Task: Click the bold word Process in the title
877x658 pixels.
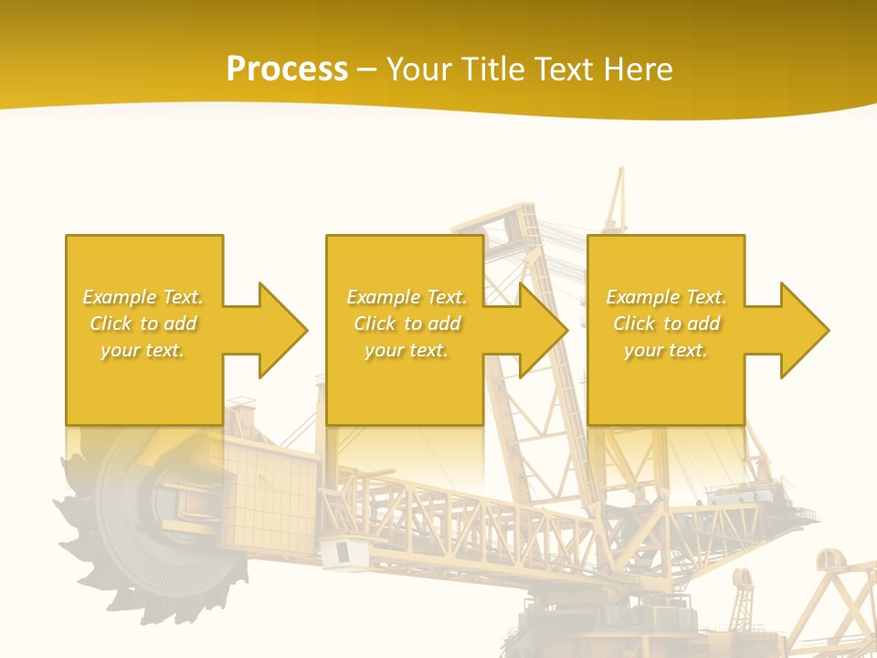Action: tap(287, 69)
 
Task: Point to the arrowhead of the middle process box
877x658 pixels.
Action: tap(543, 330)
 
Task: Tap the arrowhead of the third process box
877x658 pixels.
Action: tap(804, 330)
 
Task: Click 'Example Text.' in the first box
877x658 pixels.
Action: tap(143, 297)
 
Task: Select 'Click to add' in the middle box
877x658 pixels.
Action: tap(407, 324)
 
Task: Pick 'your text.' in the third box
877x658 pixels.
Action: tap(665, 350)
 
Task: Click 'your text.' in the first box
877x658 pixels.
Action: tap(143, 350)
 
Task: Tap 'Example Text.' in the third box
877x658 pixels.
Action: tap(665, 297)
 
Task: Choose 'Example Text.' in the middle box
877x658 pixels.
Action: tap(407, 297)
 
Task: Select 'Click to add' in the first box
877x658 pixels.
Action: tap(143, 324)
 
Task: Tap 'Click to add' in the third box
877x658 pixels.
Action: tap(666, 324)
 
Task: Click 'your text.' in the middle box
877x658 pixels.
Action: tap(407, 350)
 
